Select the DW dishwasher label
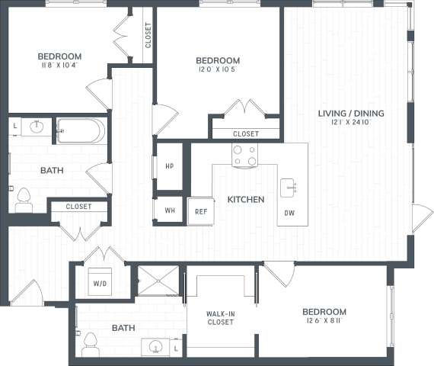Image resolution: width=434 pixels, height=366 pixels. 289,213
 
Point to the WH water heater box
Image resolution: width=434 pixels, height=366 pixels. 169,210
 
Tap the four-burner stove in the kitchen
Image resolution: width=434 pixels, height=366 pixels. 244,156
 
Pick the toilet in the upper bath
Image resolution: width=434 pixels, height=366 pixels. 23,200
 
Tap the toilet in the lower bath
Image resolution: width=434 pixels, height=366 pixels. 91,345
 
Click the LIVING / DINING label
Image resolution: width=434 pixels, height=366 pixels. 351,114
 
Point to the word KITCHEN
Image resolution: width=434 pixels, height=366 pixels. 245,200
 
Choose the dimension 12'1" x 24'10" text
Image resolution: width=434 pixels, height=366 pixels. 351,124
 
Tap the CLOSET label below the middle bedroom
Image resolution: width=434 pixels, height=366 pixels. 246,133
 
